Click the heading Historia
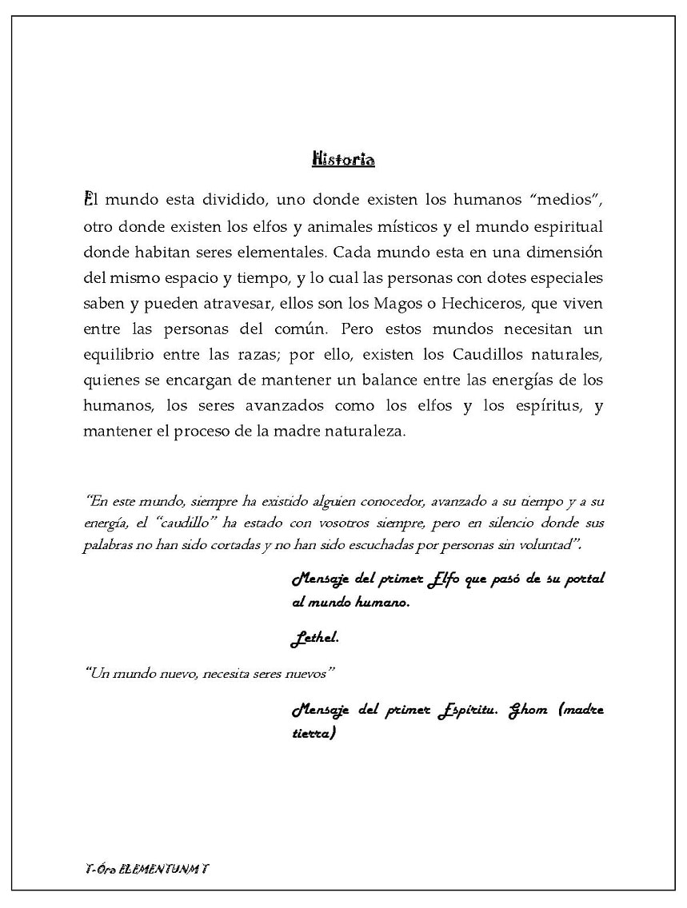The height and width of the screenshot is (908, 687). click(x=343, y=159)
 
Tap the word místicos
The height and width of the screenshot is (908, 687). click(x=401, y=226)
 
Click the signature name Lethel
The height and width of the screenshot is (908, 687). click(x=314, y=639)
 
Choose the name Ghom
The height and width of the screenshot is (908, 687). click(x=529, y=711)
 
